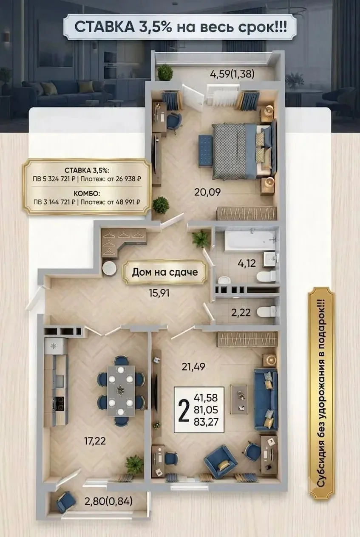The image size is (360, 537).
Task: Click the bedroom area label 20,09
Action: coord(207,192)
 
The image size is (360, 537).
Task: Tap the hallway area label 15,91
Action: coord(159,293)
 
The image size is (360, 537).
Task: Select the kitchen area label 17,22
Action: coord(95,441)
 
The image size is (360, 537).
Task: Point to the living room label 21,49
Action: coord(193,367)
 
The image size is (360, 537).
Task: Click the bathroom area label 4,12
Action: coord(247,263)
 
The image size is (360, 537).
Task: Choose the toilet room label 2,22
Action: coord(241,313)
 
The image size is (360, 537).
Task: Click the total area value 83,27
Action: coord(206,422)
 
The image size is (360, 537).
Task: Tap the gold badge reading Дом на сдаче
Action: coord(165,272)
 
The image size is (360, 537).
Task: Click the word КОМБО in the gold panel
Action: coord(87,193)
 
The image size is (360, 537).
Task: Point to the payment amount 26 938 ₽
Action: coord(128,179)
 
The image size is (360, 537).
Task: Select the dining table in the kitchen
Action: coord(121,391)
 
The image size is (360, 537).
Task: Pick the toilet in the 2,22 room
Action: coord(267,312)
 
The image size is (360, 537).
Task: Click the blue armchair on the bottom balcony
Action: coord(66,501)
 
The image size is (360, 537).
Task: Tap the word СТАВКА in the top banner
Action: coord(105,27)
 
